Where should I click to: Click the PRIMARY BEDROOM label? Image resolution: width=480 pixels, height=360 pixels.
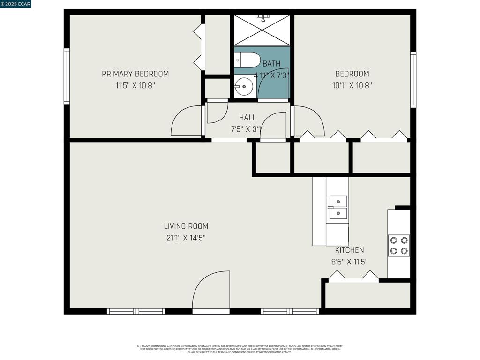pos(135,74)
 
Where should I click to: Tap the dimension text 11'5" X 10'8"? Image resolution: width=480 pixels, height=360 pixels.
pos(135,86)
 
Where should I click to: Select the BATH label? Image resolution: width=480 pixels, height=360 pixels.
pos(271,64)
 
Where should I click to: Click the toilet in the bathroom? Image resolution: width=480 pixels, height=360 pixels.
pos(247,60)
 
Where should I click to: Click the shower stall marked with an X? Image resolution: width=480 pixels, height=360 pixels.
pos(262,30)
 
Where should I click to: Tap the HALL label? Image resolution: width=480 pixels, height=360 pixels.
pos(247,118)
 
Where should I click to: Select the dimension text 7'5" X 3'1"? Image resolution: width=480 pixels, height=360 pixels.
pos(247,129)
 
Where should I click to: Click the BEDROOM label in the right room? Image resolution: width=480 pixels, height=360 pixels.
pos(352,74)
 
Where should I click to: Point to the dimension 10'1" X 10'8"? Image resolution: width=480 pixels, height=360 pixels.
pos(352,86)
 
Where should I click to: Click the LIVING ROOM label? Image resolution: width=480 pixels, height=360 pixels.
pos(186,226)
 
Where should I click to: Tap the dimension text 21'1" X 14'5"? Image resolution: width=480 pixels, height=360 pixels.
pos(186,238)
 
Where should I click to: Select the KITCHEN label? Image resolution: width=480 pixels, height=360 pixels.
pos(349,250)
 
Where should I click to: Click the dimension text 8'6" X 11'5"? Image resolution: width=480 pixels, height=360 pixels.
pos(349,262)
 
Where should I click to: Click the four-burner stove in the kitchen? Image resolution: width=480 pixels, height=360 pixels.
pos(398,245)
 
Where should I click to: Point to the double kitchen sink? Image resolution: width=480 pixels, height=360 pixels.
pos(338,207)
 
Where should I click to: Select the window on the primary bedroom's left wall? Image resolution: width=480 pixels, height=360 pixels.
pos(67,76)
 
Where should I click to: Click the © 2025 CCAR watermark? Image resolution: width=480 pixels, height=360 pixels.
pos(16,4)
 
